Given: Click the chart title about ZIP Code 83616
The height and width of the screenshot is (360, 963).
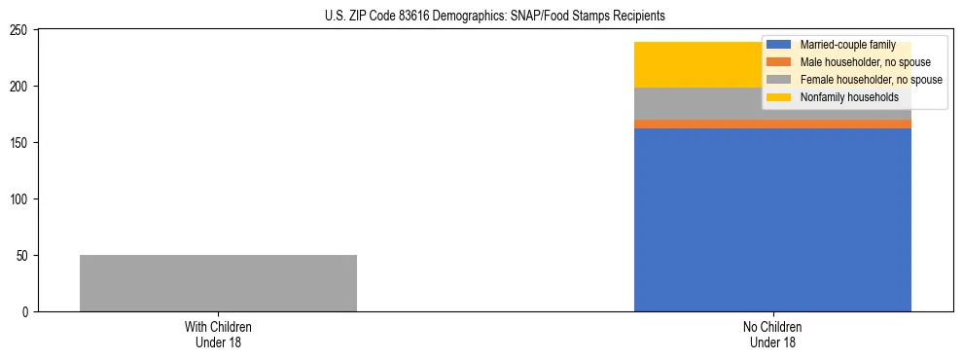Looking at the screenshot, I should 495,17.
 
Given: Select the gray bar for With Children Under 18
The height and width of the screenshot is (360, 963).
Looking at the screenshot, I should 218,283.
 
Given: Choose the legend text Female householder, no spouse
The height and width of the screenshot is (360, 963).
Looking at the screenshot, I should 871,80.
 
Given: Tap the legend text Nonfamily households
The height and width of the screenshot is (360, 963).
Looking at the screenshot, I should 848,97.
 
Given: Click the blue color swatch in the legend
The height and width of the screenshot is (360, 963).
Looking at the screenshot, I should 779,45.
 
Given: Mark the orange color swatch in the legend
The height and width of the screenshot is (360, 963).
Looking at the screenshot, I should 779,62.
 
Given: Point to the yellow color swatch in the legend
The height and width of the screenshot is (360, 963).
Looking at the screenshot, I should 779,97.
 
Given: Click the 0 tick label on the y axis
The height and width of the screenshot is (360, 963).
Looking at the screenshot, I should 27,312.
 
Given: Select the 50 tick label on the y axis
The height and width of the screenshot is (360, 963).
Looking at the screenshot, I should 24,256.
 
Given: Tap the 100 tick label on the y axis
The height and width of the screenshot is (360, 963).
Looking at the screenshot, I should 21,199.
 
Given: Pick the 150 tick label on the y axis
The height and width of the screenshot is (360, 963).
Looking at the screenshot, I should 21,143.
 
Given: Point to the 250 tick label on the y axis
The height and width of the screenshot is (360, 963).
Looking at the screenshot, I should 21,30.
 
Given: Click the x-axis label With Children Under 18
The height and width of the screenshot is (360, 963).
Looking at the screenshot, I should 218,334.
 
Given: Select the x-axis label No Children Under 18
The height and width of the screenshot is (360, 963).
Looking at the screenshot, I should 772,334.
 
